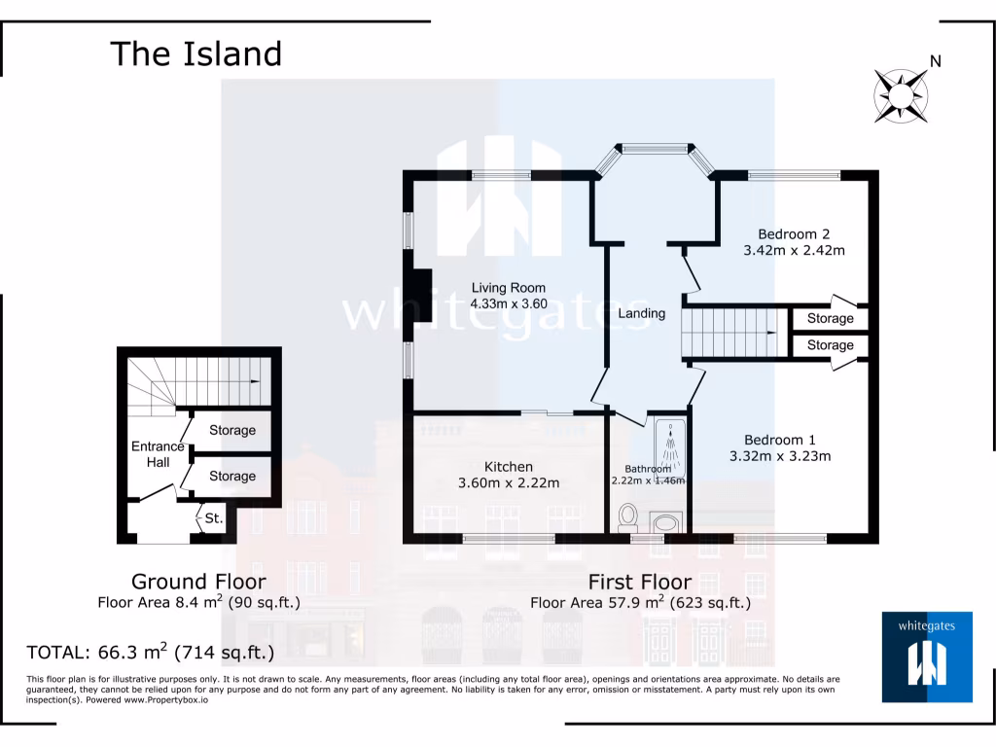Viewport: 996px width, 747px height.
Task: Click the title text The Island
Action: (196, 53)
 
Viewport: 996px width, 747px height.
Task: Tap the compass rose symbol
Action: (902, 95)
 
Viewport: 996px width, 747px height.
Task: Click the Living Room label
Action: (508, 288)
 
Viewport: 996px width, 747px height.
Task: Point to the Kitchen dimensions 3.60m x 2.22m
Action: (509, 483)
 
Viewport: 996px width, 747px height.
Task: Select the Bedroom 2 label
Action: (794, 233)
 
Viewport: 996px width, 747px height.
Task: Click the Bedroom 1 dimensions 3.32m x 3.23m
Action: (780, 455)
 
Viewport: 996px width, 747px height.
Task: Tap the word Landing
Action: (642, 313)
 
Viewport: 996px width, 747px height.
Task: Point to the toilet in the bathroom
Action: (627, 515)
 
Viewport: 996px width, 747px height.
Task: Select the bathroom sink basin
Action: (666, 523)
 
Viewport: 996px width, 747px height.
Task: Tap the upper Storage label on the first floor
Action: (830, 318)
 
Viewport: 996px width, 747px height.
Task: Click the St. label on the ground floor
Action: (213, 519)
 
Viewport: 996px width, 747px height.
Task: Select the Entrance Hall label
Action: (158, 454)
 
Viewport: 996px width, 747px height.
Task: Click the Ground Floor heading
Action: (198, 582)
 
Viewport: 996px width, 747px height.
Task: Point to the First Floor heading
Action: (640, 582)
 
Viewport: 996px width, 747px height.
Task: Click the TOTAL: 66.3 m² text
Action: (151, 651)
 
